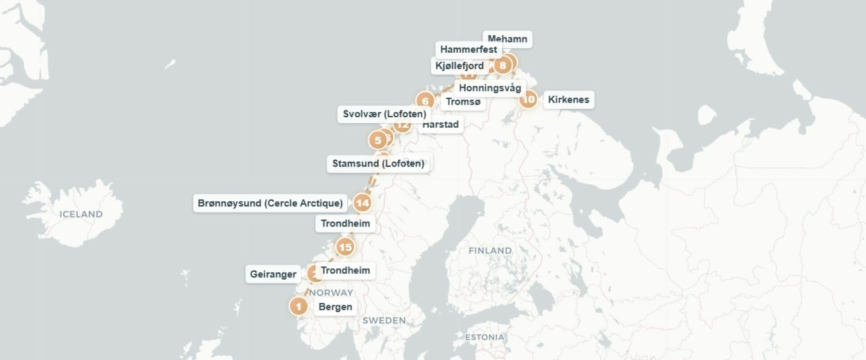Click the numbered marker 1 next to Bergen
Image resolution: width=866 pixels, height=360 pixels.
pos(298,306)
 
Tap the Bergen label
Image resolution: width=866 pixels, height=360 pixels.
pos(335,307)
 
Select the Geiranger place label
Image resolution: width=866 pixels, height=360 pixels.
pos(273,274)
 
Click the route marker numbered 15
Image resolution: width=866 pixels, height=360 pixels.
pos(345,247)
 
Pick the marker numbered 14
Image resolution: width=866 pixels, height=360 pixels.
pos(362,203)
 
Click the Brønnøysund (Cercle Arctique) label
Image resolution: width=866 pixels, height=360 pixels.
pos(270,203)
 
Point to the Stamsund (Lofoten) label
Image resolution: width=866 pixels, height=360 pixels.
pos(378,163)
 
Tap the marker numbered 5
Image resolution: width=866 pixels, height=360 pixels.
pos(378,140)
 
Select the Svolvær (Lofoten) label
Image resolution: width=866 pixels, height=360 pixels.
pos(384,114)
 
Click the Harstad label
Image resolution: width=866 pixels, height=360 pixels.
pos(441,125)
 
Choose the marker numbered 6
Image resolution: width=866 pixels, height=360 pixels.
pos(424,100)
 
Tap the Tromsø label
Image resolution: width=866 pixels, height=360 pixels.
pos(463,102)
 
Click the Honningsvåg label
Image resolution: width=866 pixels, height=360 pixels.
pos(490,88)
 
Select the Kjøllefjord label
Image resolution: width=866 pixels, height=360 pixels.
pos(459,66)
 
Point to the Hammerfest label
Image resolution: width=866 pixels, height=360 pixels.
pos(468,49)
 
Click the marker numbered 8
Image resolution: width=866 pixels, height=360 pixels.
pos(502,65)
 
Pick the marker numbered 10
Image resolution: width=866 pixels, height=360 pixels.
pos(528,99)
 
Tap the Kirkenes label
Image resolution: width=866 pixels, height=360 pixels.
pos(568,99)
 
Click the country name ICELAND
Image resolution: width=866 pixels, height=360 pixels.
pos(81,214)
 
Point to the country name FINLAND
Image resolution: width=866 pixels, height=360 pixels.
pos(490,250)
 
